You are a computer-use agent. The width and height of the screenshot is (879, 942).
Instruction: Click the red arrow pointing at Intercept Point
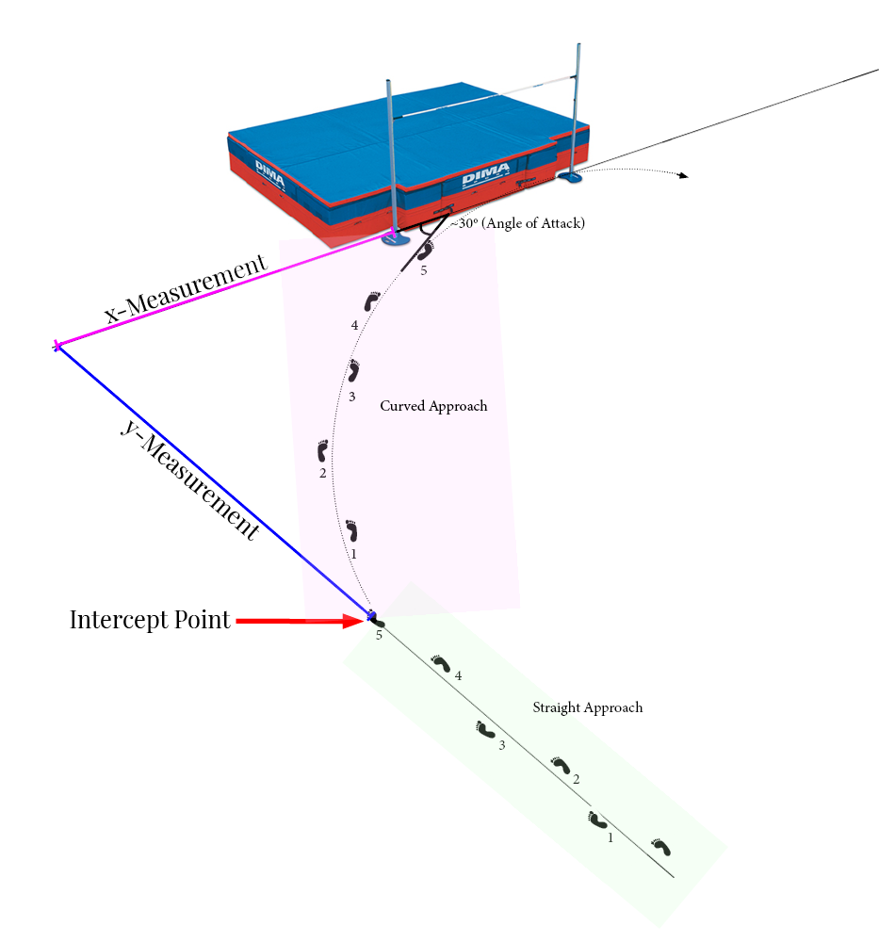click(x=300, y=621)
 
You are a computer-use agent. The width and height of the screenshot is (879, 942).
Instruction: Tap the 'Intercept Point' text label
click(x=150, y=621)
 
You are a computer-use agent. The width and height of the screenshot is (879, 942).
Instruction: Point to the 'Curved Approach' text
click(x=433, y=406)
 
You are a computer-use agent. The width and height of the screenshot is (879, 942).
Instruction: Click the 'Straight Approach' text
click(x=587, y=707)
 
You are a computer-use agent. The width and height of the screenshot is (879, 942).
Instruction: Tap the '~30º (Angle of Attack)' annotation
click(x=517, y=225)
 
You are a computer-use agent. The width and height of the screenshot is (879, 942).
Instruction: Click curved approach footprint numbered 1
click(x=352, y=530)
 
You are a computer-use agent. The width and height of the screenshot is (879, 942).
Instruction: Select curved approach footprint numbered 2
click(x=323, y=451)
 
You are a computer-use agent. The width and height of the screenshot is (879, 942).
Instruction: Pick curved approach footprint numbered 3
click(x=354, y=370)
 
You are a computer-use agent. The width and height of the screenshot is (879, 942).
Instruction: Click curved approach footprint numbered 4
click(x=371, y=301)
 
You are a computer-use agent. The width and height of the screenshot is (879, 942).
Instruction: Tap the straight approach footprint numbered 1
click(x=596, y=820)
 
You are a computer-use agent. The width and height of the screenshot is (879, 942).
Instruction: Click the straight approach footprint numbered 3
click(x=485, y=730)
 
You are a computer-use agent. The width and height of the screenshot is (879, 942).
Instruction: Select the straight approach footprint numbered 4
click(x=440, y=663)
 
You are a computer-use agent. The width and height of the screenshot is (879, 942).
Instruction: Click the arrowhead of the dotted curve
click(x=685, y=175)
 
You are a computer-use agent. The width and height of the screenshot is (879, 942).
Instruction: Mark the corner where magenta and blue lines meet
click(x=57, y=347)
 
